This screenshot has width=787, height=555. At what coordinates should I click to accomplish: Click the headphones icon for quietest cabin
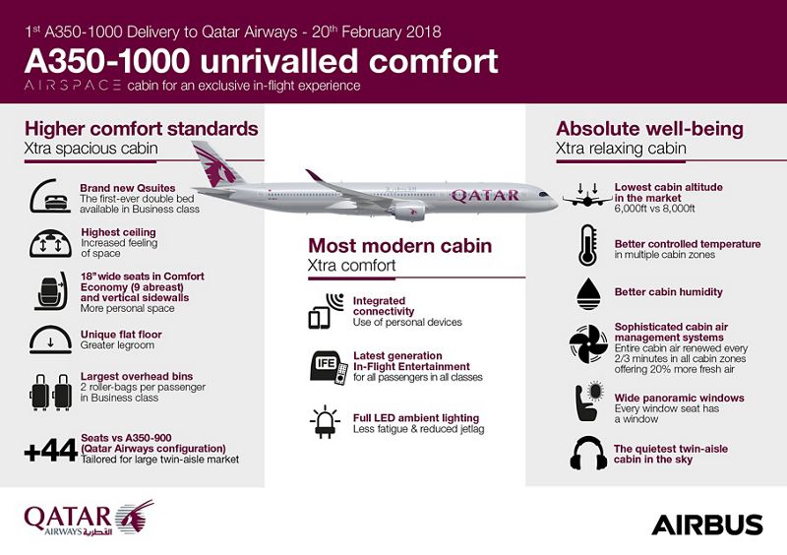pyautogui.click(x=586, y=453)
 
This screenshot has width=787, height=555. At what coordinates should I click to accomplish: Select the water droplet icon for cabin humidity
pyautogui.click(x=586, y=291)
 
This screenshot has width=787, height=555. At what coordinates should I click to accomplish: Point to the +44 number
pyautogui.click(x=49, y=453)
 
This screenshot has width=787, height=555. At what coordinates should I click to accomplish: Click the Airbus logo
pyautogui.click(x=706, y=523)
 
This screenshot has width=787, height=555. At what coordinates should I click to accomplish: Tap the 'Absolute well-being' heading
pyautogui.click(x=649, y=129)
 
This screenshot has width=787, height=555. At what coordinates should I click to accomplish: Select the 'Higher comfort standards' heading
pyautogui.click(x=141, y=129)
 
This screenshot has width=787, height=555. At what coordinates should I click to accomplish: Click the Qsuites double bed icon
pyautogui.click(x=49, y=195)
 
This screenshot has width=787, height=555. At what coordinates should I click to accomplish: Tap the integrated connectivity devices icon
pyautogui.click(x=326, y=310)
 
